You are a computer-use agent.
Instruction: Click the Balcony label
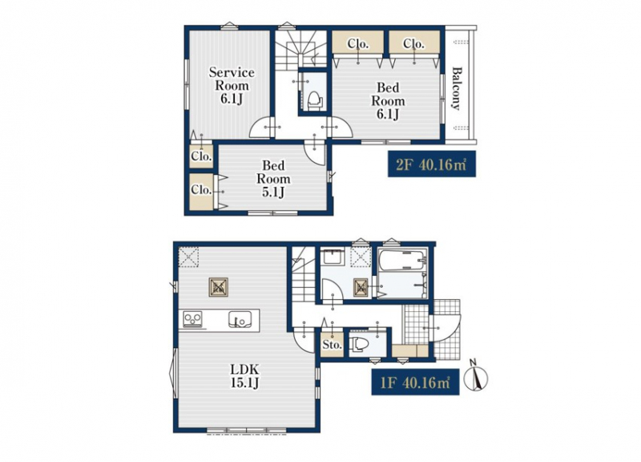click(x=457, y=88)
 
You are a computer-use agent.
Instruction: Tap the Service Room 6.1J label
click(x=232, y=86)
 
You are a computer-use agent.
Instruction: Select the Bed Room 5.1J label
click(x=273, y=178)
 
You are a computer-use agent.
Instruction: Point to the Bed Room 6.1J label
click(x=388, y=101)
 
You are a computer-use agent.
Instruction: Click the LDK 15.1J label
click(x=245, y=376)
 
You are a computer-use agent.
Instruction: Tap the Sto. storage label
click(x=332, y=345)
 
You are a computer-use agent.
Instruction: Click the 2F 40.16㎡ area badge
click(x=432, y=164)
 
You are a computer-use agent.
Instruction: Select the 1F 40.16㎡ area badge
click(x=415, y=383)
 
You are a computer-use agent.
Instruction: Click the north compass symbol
click(x=477, y=376)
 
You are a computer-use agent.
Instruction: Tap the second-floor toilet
click(x=314, y=99)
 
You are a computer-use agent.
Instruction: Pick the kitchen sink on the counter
click(x=240, y=319)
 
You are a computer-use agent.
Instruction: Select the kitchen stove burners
click(x=192, y=318)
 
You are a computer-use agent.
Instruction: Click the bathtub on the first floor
click(x=403, y=260)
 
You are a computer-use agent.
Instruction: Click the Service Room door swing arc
click(x=260, y=128)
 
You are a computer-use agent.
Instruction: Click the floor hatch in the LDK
click(x=219, y=287)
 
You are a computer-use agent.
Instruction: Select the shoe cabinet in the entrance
click(x=410, y=351)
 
